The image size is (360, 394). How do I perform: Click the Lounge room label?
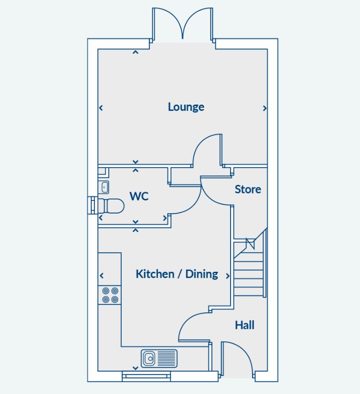point(186,107)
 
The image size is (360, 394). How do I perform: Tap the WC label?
point(139,197)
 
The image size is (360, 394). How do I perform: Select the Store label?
point(248,189)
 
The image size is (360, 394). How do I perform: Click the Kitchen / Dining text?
point(177,274)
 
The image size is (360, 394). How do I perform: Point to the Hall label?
point(244,325)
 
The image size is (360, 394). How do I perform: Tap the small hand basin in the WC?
point(104,187)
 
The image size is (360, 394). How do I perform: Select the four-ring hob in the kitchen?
point(110,295)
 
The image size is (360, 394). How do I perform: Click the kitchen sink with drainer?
point(159,358)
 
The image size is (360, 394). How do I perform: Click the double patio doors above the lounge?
point(183,24)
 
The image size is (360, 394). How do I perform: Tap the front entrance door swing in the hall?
point(238,359)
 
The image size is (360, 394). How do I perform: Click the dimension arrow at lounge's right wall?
point(265,108)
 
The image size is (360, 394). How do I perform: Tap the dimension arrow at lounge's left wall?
point(101,108)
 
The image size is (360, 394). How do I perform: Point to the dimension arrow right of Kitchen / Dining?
point(228,276)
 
